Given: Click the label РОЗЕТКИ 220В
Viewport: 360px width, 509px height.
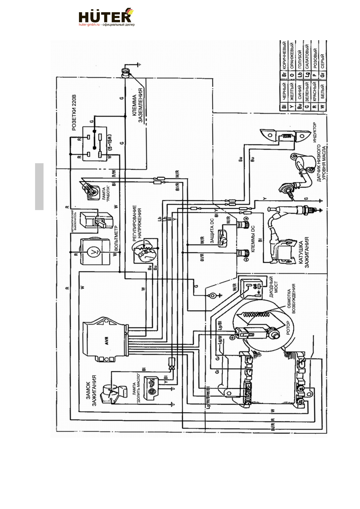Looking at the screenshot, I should tap(74, 112).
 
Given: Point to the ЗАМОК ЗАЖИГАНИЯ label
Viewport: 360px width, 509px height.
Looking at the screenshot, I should tap(91, 391).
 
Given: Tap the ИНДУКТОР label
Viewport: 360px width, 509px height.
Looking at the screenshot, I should tap(315, 132).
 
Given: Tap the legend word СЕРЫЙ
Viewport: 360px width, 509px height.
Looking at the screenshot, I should tap(323, 61).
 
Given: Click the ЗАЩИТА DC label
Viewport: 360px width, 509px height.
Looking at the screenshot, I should tap(212, 231).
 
